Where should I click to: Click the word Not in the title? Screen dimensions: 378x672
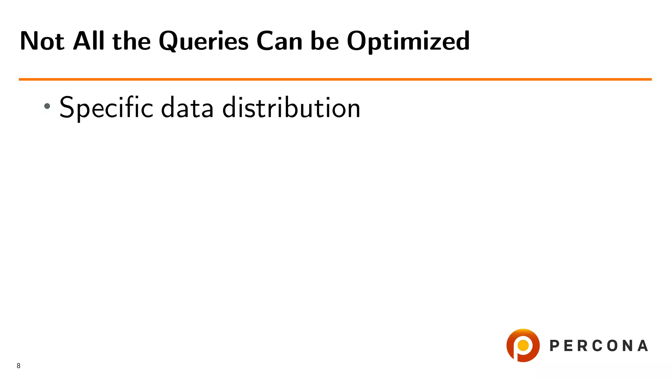pyautogui.click(x=42, y=41)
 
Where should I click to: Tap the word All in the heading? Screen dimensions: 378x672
pyautogui.click(x=89, y=41)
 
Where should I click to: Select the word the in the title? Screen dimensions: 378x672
pyautogui.click(x=132, y=42)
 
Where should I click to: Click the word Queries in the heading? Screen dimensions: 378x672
pyautogui.click(x=203, y=42)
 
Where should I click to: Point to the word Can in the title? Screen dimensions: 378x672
pyautogui.click(x=279, y=42)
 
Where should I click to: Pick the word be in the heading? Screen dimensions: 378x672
pyautogui.click(x=325, y=42)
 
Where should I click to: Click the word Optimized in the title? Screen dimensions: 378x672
pyautogui.click(x=408, y=42)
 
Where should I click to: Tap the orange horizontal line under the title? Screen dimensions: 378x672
pyautogui.click(x=335, y=79)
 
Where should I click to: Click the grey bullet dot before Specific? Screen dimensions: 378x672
pyautogui.click(x=47, y=106)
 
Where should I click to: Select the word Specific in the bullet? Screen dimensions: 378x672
pyautogui.click(x=106, y=108)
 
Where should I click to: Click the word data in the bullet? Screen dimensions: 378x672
pyautogui.click(x=187, y=108)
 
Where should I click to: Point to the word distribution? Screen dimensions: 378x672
pyautogui.click(x=291, y=108)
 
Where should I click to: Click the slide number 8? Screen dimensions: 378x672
pyautogui.click(x=19, y=366)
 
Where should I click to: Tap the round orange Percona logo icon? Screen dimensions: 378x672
pyautogui.click(x=523, y=346)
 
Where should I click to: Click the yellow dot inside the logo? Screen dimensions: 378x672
pyautogui.click(x=523, y=345)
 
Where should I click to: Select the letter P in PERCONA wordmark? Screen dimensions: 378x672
pyautogui.click(x=555, y=346)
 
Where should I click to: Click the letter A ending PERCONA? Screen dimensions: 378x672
pyautogui.click(x=643, y=346)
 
